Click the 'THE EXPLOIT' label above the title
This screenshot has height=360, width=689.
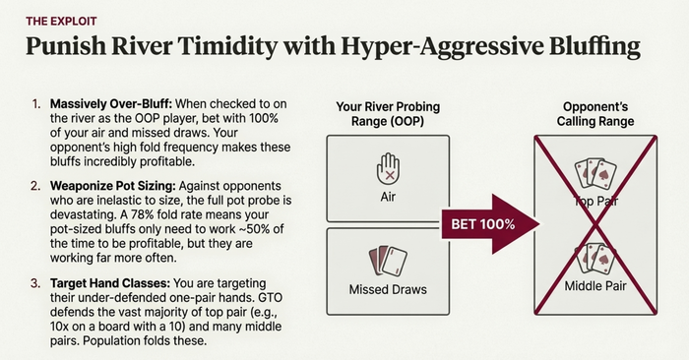coord(61,21)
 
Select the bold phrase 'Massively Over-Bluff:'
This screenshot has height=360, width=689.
coord(110,104)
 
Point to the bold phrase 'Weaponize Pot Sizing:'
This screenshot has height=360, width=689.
coord(113,186)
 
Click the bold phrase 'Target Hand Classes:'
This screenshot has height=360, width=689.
coord(110,283)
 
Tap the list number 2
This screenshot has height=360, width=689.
coord(35,186)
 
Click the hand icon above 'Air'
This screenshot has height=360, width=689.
coord(389,169)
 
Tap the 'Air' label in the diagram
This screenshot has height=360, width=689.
coord(388,197)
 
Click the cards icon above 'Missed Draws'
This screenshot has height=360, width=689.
coord(388,261)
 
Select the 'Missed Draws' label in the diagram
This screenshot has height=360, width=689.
coord(388,290)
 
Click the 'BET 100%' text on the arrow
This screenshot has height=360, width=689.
coord(483,224)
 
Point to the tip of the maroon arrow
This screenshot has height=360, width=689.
coord(540,224)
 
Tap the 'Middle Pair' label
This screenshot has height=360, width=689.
coord(595,286)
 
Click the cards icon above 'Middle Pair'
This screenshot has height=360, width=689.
coord(595,258)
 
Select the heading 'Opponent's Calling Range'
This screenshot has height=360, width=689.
coord(595,114)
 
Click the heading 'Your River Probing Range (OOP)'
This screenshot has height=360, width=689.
coord(388,114)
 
